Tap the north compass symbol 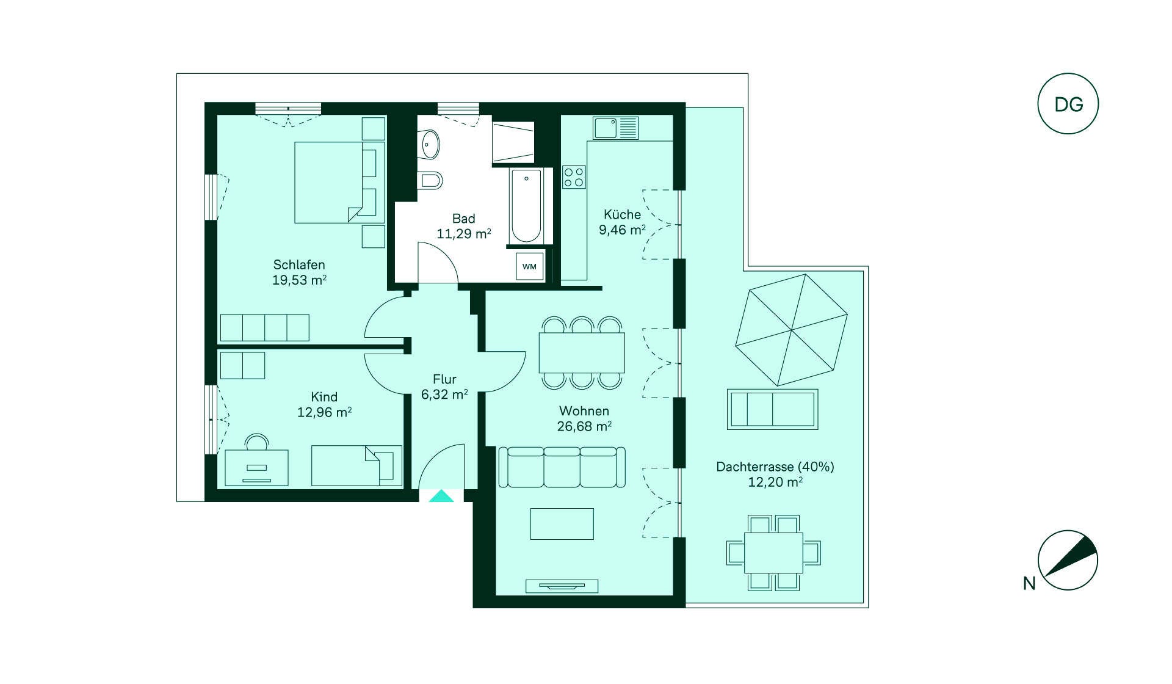(1068, 560)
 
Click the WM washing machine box (529, 266)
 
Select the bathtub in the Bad (526, 206)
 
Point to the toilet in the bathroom (430, 180)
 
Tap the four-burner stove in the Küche (574, 177)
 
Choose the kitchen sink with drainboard (615, 128)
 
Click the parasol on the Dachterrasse (792, 330)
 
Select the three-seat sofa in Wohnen (562, 467)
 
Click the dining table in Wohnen (582, 352)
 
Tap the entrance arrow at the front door (441, 496)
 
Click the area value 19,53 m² (299, 280)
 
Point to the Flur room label (444, 379)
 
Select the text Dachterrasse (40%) (775, 467)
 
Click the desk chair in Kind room (256, 442)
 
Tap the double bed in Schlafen (340, 183)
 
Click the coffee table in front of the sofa (562, 524)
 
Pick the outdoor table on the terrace (773, 553)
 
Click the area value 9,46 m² (622, 230)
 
